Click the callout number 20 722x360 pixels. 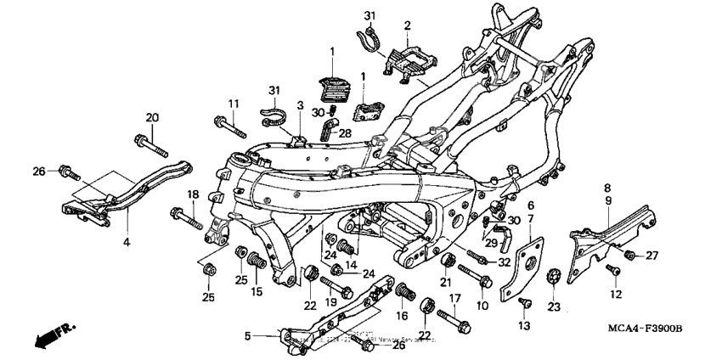point(152,117)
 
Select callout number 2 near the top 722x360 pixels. point(407,25)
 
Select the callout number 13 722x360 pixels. point(523,325)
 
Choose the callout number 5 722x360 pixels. point(248,336)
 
